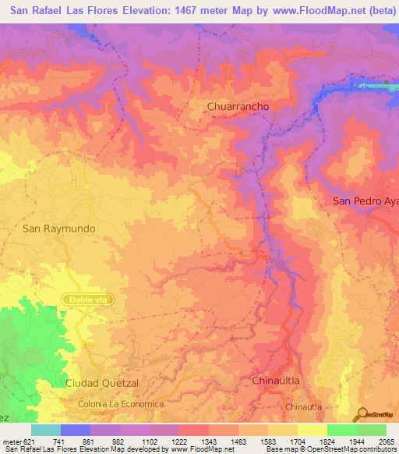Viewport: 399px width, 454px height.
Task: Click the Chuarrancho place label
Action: [238, 106]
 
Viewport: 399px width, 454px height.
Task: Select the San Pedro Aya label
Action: [365, 200]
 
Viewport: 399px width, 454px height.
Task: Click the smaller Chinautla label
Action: [304, 407]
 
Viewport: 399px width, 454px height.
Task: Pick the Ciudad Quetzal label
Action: [102, 383]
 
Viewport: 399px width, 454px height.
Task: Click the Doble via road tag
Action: [87, 299]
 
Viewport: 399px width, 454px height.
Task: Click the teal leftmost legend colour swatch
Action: [46, 431]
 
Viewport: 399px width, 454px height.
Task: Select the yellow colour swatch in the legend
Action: [312, 431]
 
